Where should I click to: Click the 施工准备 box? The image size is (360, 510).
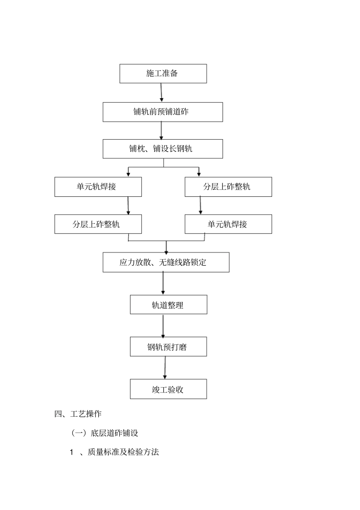[x=163, y=74]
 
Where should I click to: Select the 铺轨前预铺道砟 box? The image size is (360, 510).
[x=163, y=112]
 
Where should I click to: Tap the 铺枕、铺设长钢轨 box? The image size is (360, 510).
[x=163, y=149]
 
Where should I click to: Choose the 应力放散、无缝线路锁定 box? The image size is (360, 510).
[x=166, y=262]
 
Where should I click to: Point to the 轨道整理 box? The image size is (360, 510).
[x=168, y=304]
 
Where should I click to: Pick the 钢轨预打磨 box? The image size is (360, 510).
[x=168, y=347]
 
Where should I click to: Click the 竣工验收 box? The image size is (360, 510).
[x=168, y=389]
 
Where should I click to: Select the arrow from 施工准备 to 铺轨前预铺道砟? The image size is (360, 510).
[x=161, y=93]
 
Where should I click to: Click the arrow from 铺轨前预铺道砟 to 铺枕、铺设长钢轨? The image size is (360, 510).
[x=161, y=130]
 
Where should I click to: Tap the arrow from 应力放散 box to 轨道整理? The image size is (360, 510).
[x=163, y=283]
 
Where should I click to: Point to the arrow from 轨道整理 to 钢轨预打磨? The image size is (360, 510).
[x=163, y=326]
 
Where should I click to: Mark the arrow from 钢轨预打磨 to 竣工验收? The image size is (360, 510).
[x=165, y=368]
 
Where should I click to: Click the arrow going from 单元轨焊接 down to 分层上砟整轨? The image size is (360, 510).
[x=128, y=206]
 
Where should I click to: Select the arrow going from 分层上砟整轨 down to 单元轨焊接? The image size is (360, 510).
[x=200, y=206]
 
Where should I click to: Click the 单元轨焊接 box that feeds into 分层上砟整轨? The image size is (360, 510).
[x=98, y=187]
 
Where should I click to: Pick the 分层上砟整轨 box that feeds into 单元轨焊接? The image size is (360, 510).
[x=228, y=187]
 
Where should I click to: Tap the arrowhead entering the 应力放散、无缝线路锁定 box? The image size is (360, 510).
[x=166, y=251]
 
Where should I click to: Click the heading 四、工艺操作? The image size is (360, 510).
[x=78, y=414]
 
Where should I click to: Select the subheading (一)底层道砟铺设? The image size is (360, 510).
[x=105, y=433]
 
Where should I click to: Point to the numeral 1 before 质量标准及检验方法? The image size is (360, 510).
[x=71, y=452]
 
